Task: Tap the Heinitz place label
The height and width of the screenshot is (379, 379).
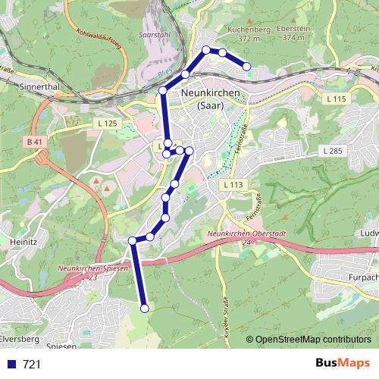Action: [23, 242]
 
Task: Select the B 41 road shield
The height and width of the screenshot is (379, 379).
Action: [33, 142]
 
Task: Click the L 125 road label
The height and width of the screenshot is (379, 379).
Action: [108, 123]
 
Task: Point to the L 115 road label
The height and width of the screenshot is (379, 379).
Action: [334, 99]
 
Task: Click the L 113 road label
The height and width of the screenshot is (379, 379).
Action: [233, 184]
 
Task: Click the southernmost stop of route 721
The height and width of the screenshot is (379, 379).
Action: [144, 308]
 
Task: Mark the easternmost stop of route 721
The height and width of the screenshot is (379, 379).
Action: [246, 67]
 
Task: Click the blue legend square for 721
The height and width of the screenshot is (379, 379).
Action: [11, 365]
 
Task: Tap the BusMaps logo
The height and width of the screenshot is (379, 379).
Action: [343, 363]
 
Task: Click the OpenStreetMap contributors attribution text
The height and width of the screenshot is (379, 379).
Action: [313, 340]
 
